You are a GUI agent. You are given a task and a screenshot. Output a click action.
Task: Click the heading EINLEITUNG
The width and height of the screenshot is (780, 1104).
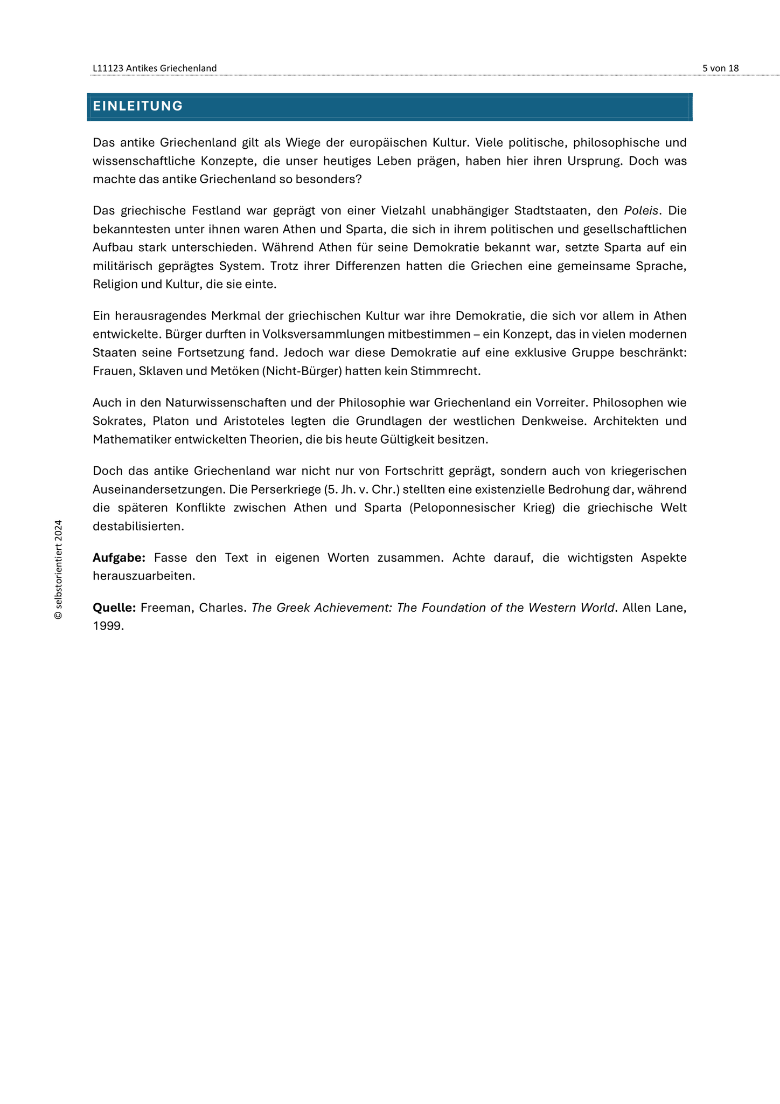tap(138, 106)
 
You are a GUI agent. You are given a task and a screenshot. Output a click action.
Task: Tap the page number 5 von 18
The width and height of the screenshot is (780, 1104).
tap(720, 68)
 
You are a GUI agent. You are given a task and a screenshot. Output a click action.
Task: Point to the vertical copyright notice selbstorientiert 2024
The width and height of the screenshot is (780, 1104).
tap(59, 569)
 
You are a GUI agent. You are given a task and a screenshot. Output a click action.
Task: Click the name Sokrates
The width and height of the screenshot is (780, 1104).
tap(115, 420)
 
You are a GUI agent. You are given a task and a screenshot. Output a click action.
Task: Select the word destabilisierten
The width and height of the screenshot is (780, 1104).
tap(138, 526)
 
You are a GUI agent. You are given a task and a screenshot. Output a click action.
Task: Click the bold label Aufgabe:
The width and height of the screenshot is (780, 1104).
tap(119, 557)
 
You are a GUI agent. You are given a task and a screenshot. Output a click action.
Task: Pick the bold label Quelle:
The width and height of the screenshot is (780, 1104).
tap(114, 608)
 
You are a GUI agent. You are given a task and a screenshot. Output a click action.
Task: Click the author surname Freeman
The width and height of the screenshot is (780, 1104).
tap(165, 608)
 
